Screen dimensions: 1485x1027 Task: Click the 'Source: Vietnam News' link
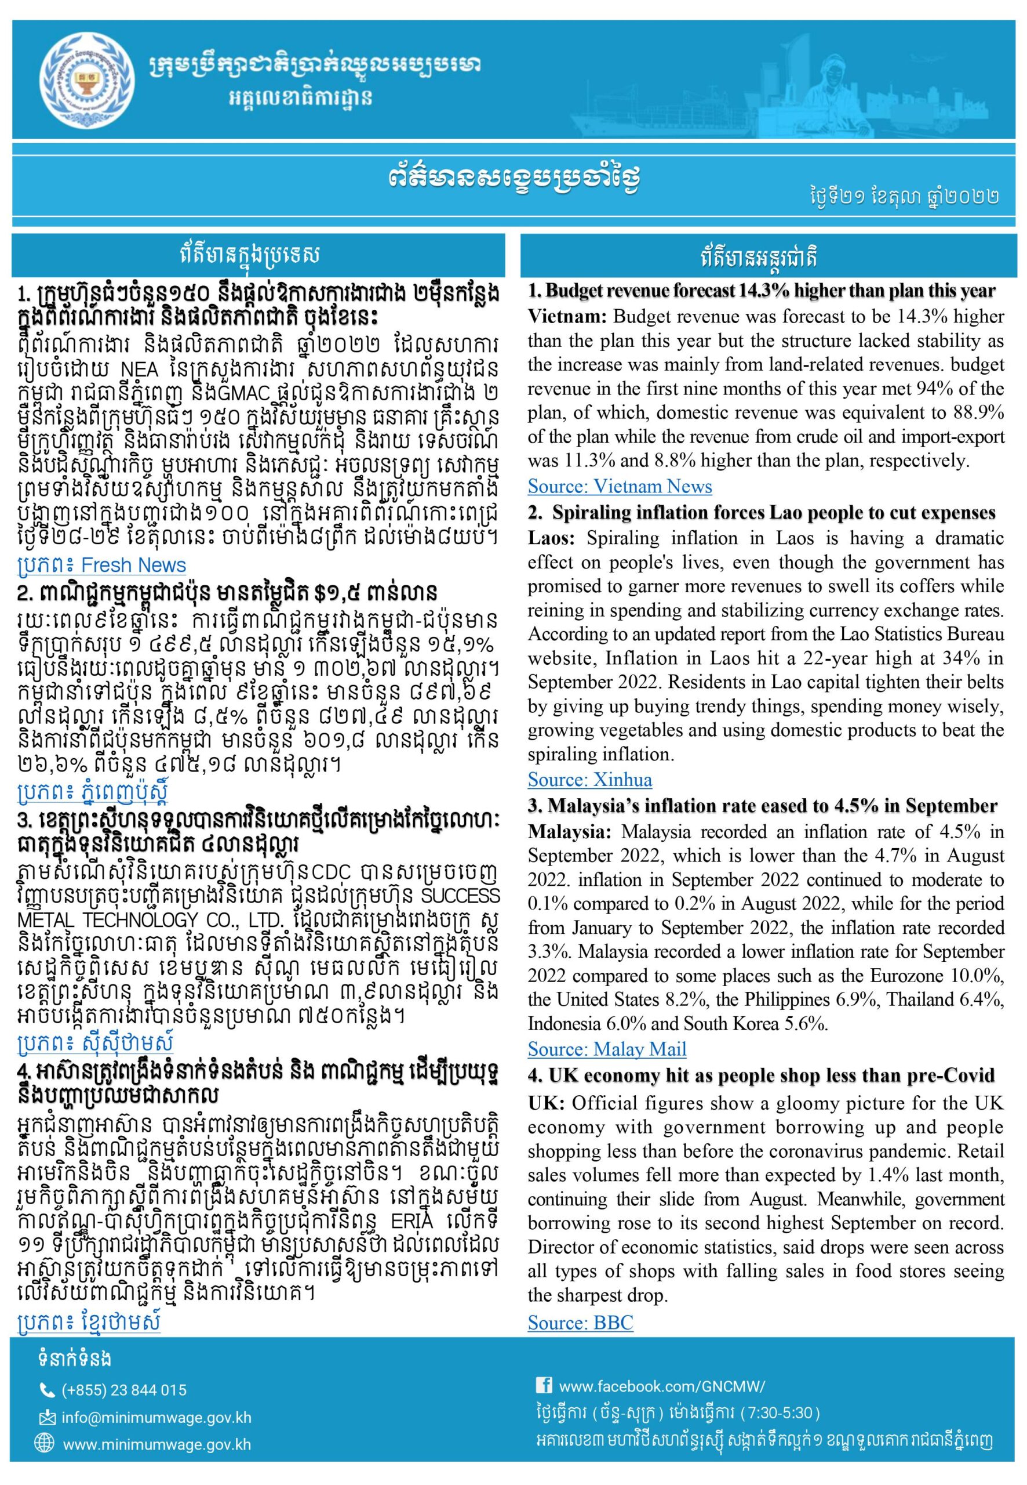[620, 486]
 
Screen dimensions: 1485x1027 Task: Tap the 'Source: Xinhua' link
[589, 780]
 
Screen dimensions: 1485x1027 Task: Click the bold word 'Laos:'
[552, 538]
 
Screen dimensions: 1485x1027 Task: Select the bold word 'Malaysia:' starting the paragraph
[569, 832]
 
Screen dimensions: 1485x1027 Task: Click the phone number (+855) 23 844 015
[124, 1390]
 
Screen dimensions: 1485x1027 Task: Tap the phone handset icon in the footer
[47, 1390]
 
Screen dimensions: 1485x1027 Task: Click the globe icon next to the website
[45, 1444]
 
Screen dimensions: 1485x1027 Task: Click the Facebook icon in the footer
[544, 1381]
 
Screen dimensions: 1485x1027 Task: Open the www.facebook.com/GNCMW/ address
[662, 1381]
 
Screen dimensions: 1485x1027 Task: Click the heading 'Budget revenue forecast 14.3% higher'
[761, 291]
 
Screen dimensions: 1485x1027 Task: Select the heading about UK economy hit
[761, 1076]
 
